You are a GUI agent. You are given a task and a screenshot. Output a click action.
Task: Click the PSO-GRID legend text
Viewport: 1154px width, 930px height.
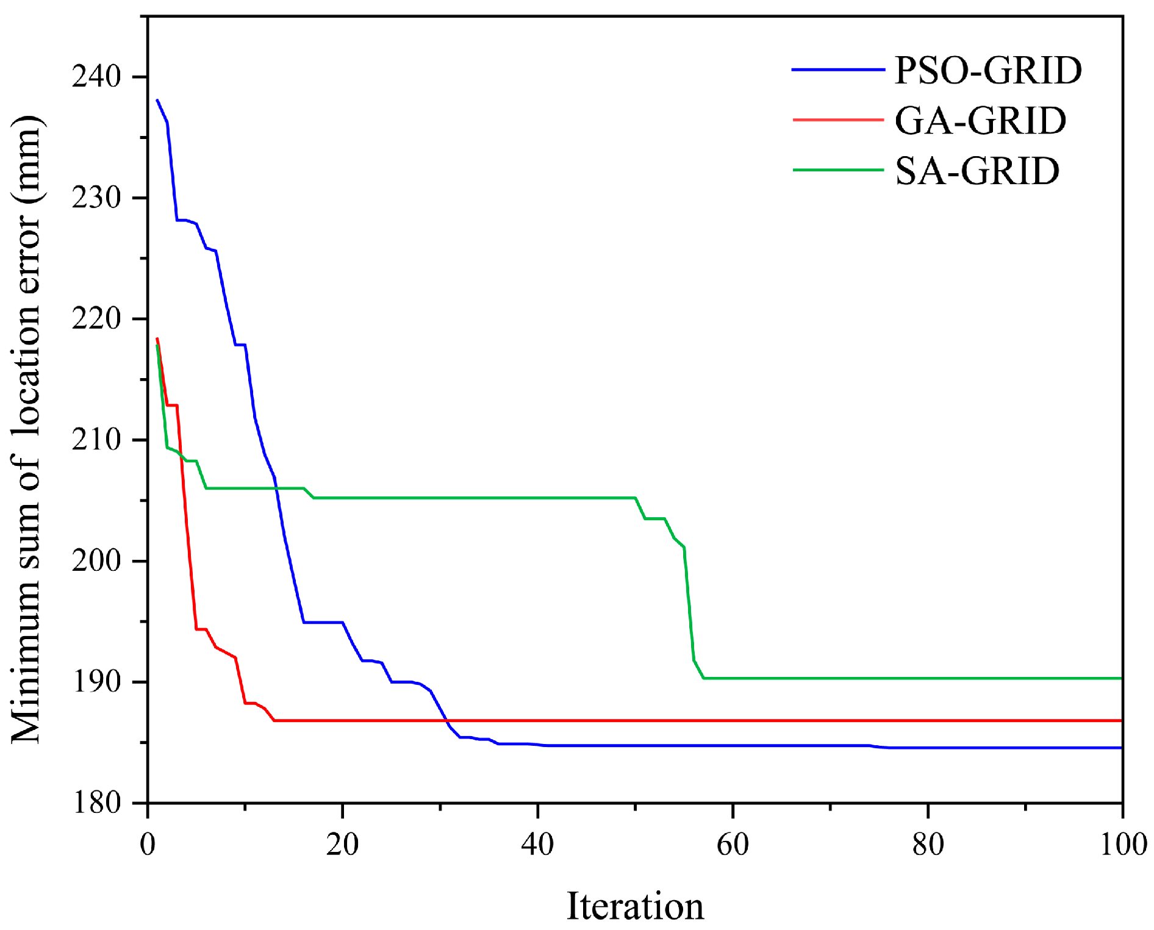987,70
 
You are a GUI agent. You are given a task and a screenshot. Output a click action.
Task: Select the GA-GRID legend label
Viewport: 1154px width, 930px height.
980,120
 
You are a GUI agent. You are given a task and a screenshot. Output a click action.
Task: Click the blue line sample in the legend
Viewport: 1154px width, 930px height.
838,70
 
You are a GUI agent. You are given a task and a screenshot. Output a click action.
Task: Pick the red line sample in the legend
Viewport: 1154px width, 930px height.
838,120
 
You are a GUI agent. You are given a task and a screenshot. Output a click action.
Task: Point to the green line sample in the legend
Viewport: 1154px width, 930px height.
838,170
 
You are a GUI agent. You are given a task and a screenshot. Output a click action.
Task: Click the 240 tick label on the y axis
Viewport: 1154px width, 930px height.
96,76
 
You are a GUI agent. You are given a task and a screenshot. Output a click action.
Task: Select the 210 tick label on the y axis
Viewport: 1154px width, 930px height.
96,440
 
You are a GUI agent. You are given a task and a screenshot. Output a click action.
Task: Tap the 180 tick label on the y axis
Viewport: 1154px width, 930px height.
96,803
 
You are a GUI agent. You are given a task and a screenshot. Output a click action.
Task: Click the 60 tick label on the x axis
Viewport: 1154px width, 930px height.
733,845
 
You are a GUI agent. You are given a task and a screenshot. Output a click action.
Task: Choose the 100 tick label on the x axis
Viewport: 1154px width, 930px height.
1123,845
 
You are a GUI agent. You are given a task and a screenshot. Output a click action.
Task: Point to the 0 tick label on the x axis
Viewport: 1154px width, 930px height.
148,845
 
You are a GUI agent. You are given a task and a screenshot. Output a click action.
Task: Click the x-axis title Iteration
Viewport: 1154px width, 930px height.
635,906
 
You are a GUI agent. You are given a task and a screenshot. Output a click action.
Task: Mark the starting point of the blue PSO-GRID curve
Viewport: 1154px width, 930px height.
157,101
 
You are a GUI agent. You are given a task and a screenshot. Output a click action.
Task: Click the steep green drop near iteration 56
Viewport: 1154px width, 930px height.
690,610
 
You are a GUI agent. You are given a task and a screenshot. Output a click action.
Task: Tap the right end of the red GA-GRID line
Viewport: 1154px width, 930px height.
1120,721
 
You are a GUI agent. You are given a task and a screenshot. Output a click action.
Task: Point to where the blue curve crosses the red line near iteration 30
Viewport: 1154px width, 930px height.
445,720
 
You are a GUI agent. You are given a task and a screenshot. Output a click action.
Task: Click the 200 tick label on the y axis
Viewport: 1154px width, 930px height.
96,560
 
